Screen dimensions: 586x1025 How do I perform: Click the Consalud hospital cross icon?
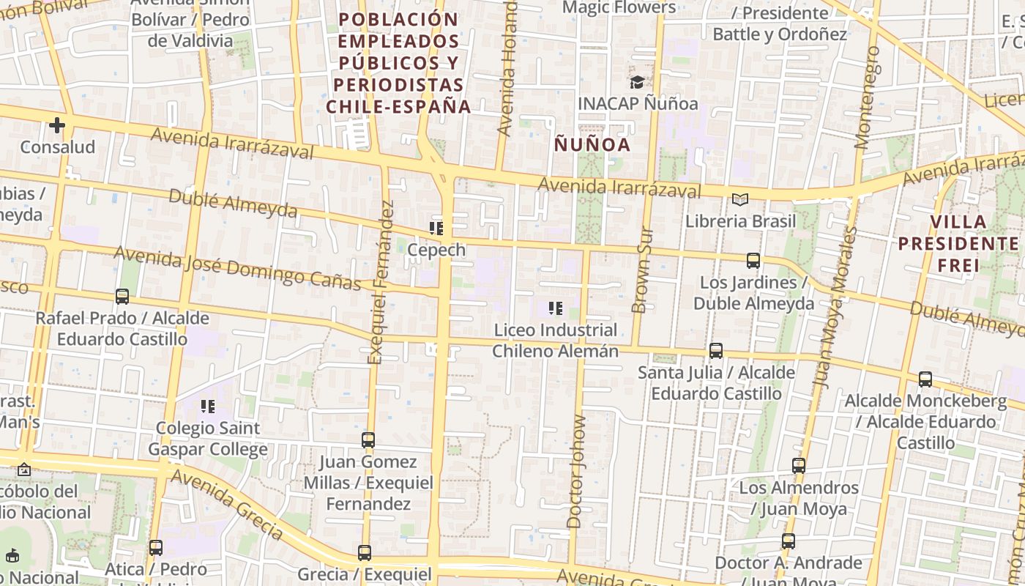tap(57, 125)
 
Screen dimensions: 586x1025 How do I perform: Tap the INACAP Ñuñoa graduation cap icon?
tap(636, 82)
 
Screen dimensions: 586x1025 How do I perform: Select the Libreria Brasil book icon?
tap(740, 199)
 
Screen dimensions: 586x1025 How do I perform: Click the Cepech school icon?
tap(436, 229)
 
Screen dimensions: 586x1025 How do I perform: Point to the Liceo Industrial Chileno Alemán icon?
tap(555, 308)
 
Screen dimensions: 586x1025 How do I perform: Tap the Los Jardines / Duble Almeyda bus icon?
tap(753, 260)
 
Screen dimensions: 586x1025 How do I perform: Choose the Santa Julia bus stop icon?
tap(716, 351)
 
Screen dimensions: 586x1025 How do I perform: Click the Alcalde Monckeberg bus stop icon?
tap(925, 379)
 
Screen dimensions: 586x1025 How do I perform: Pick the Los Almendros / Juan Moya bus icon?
tap(799, 465)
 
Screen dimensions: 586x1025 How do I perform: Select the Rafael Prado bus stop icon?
tap(122, 297)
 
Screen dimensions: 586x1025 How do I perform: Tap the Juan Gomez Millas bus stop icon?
tap(368, 440)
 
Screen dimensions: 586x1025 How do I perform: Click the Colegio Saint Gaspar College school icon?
tap(208, 406)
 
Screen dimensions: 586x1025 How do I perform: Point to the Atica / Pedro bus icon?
tap(155, 547)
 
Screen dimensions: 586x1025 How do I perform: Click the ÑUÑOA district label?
tap(592, 144)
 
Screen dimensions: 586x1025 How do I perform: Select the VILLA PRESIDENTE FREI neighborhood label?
tap(958, 243)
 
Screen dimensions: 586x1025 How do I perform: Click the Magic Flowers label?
tap(619, 7)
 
